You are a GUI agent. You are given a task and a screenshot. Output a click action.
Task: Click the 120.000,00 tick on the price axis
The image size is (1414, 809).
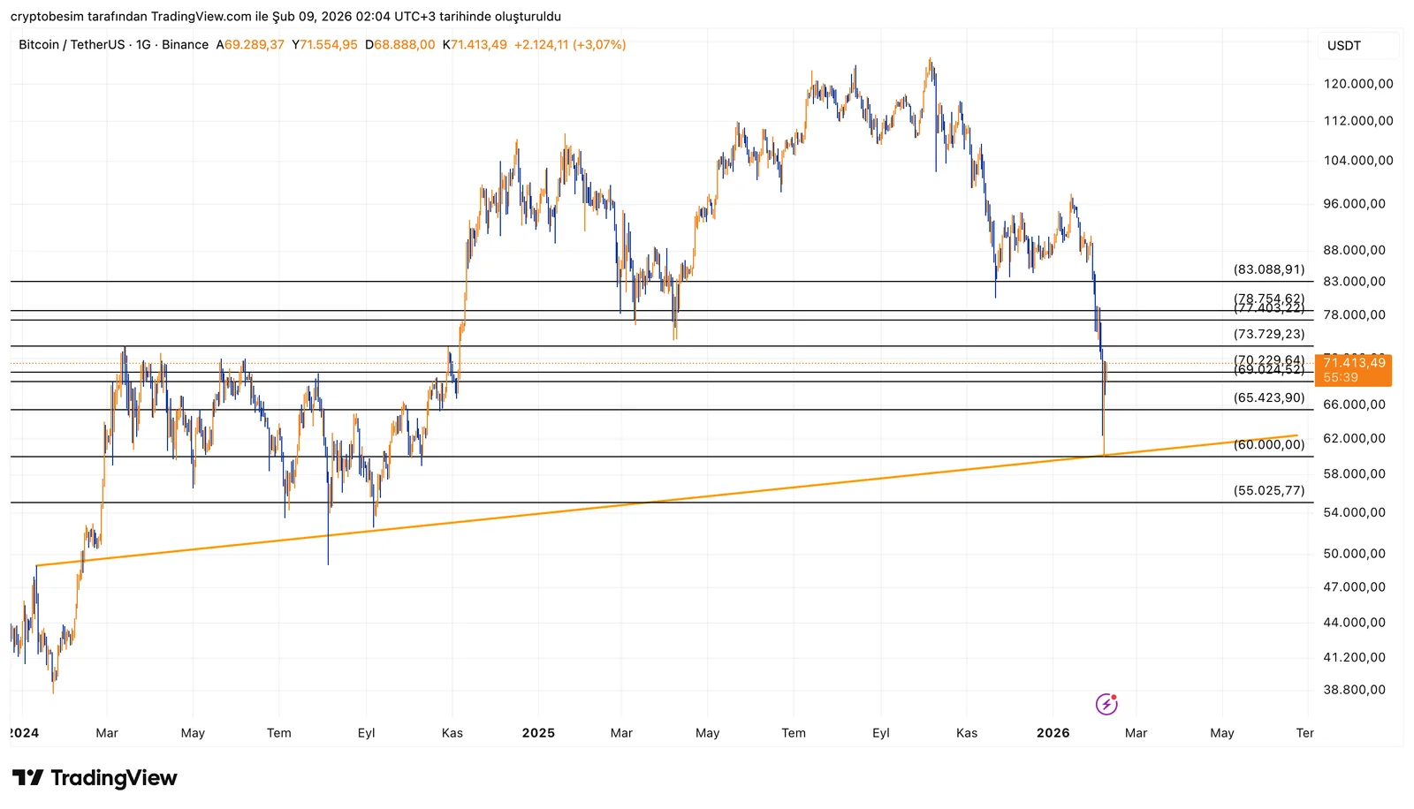coord(1357,84)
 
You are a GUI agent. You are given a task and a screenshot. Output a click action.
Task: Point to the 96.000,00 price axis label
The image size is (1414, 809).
coord(1354,203)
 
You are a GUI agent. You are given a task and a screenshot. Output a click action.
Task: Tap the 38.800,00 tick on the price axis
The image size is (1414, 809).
coord(1354,690)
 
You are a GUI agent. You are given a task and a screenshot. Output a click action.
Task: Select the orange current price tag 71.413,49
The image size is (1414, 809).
coord(1353,363)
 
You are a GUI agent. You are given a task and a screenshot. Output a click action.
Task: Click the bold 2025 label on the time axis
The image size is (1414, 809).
coord(538,733)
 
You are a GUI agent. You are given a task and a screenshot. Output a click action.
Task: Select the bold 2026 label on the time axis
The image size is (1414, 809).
coord(1053,733)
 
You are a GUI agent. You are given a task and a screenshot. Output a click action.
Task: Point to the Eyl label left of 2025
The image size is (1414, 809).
coord(366,733)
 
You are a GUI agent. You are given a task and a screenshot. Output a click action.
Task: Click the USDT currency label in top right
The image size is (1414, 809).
coord(1343,46)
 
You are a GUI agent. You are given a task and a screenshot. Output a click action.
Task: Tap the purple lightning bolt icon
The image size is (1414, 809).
coord(1106,704)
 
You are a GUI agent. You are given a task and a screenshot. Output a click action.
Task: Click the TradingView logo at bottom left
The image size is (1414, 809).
coord(95,778)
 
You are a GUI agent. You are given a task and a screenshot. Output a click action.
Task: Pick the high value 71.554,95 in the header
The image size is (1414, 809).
coord(328,45)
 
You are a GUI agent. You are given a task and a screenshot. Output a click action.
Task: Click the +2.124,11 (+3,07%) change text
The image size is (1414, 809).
coord(570,45)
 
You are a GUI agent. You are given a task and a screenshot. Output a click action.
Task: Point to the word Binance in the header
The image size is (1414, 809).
coord(185,45)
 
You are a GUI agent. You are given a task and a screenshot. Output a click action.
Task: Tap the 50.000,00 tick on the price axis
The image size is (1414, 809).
coord(1354,554)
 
